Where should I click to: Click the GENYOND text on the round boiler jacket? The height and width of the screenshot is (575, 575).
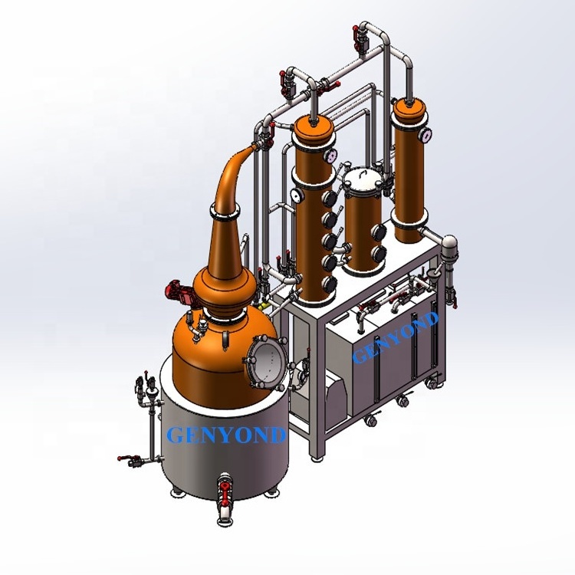pyautogui.click(x=226, y=435)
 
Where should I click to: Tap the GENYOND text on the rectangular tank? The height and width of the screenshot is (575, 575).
pyautogui.click(x=396, y=337)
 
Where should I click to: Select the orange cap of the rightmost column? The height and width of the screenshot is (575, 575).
pyautogui.click(x=409, y=107)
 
